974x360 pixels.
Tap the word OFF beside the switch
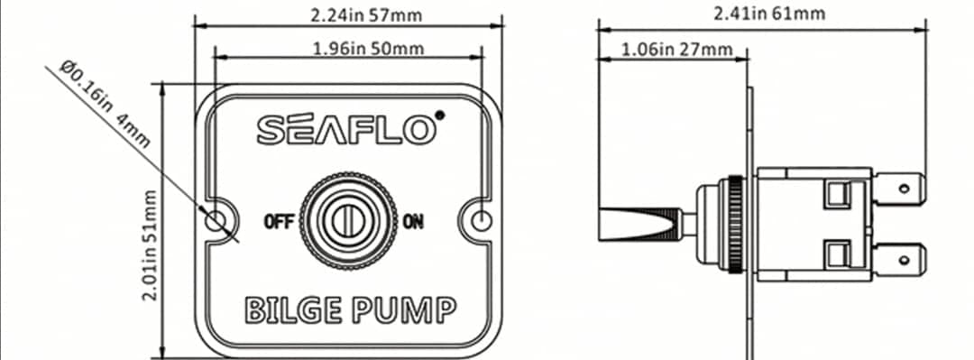click(x=278, y=221)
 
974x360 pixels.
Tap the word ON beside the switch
click(x=413, y=221)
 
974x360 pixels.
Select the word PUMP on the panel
click(x=404, y=309)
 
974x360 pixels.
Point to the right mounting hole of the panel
click(x=482, y=220)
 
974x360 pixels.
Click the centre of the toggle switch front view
click(x=348, y=221)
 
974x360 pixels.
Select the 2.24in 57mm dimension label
click(x=366, y=15)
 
